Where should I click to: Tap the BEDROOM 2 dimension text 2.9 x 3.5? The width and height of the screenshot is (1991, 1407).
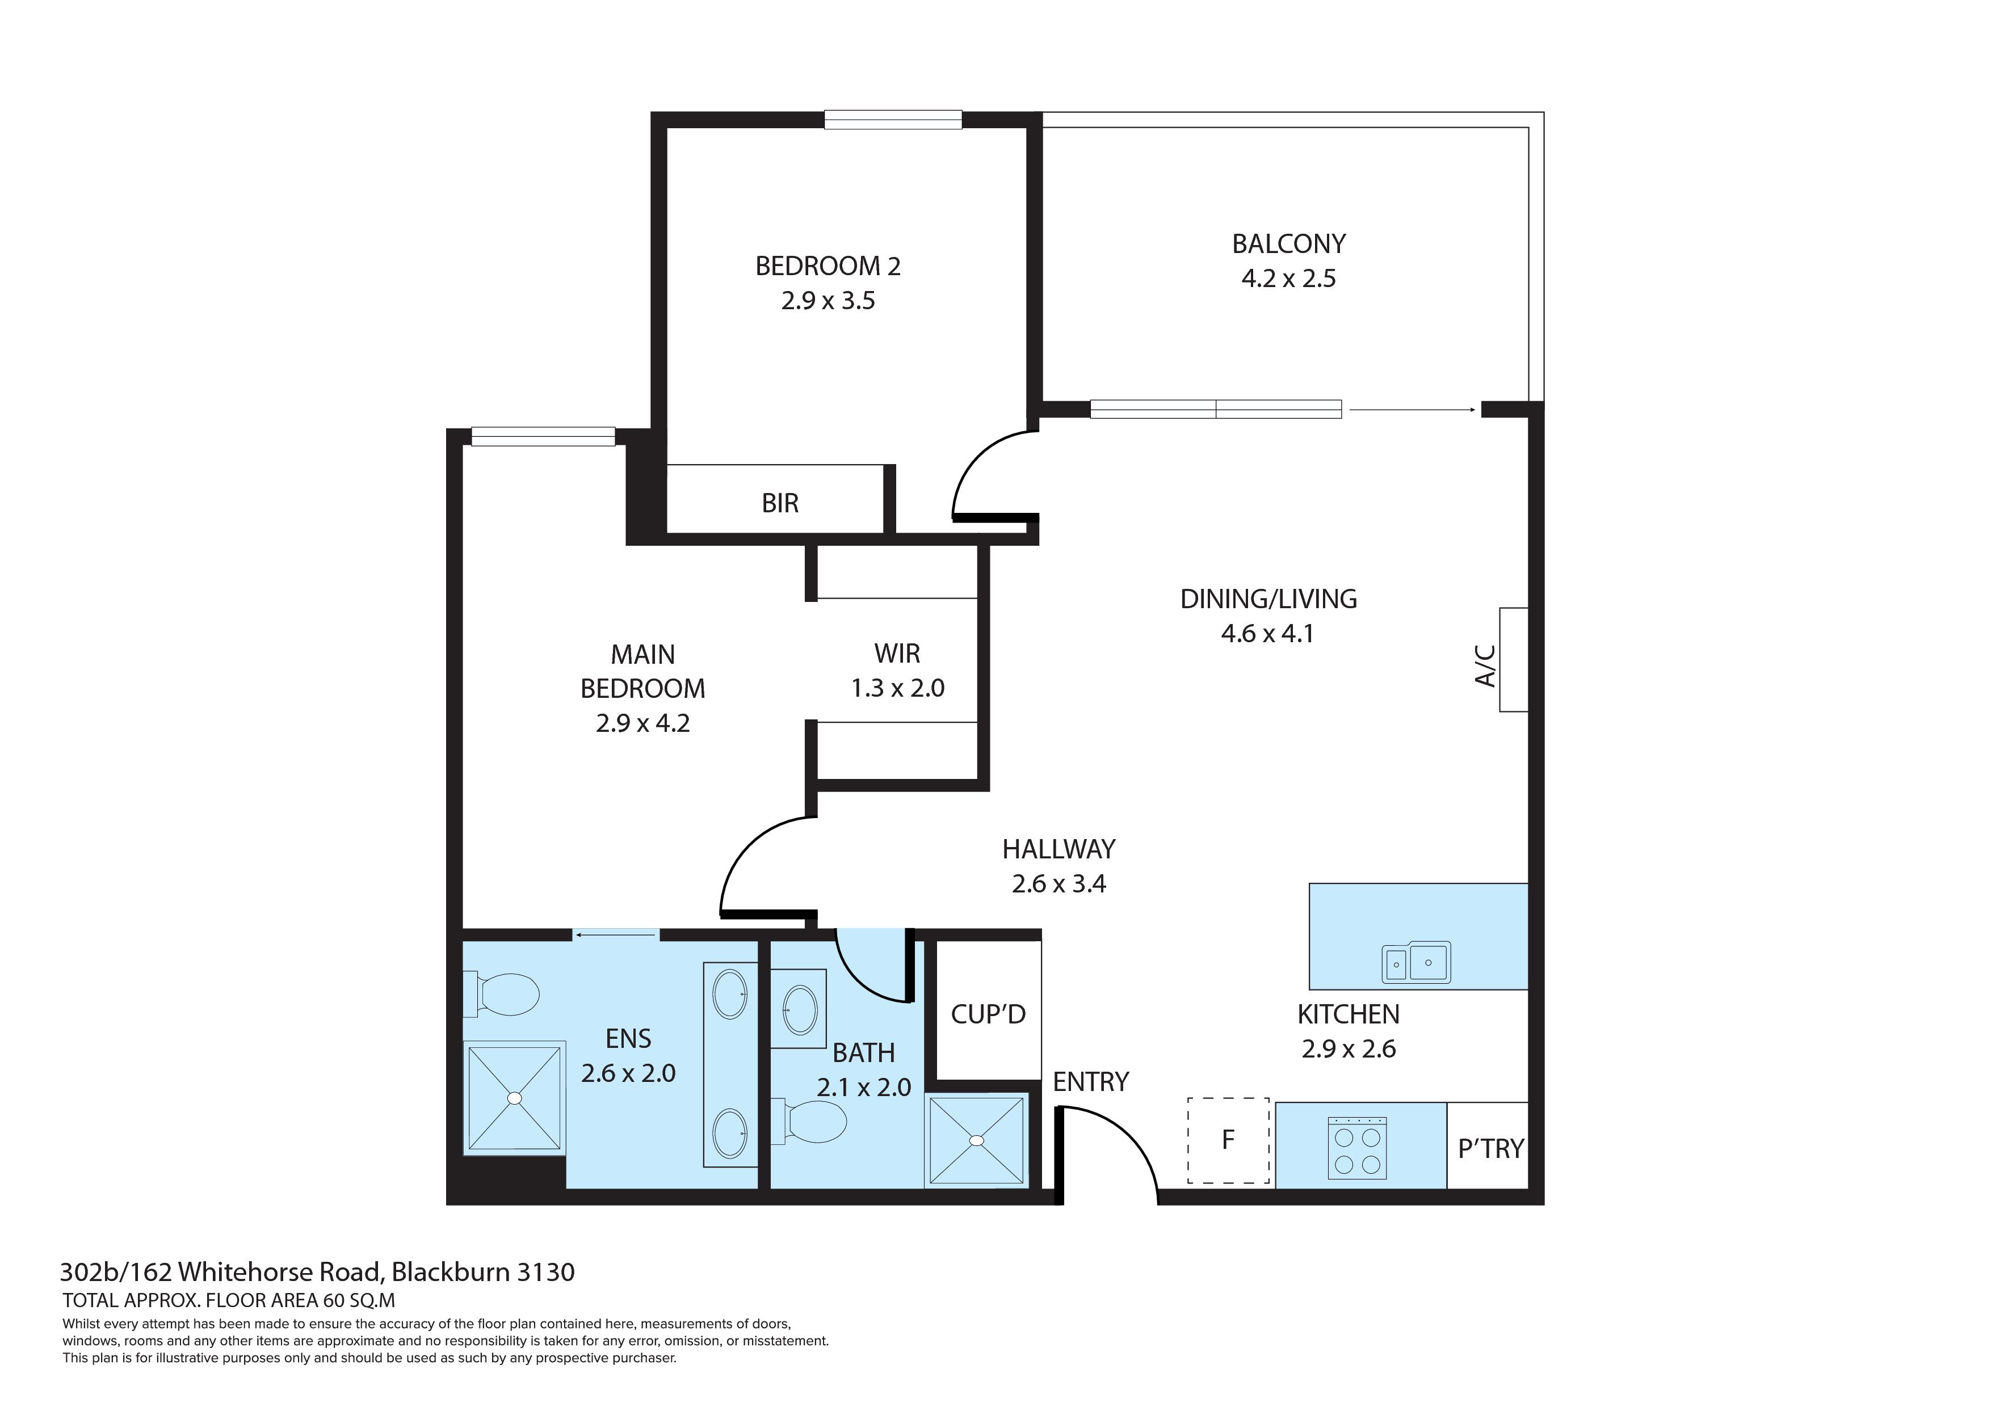[x=828, y=301]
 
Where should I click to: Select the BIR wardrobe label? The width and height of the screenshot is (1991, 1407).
[x=780, y=503]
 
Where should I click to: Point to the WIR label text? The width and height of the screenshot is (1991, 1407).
[x=897, y=653]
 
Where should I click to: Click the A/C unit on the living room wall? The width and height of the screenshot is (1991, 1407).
[x=1513, y=660]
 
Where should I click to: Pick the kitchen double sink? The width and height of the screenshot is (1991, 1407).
[x=1415, y=962]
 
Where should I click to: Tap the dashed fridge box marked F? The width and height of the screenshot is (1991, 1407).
[x=1228, y=1141]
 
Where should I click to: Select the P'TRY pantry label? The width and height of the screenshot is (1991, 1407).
[x=1490, y=1149]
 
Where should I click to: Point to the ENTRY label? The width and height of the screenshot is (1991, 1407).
[x=1091, y=1082]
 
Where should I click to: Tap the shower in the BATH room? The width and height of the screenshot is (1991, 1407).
[x=976, y=1139]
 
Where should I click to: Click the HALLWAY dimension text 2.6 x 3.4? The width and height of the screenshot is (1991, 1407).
[x=1059, y=884]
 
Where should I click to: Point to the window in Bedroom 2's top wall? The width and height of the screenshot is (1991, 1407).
[x=893, y=120]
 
